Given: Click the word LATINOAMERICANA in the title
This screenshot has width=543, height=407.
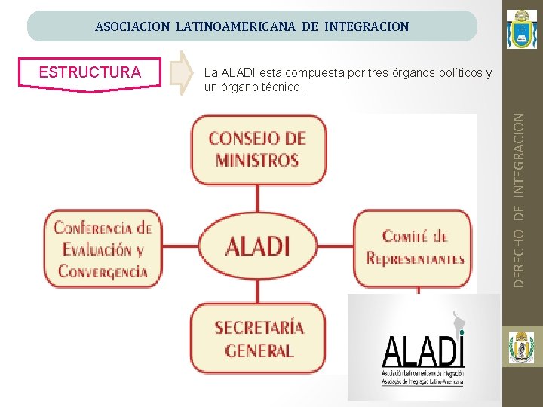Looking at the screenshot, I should tap(237, 27).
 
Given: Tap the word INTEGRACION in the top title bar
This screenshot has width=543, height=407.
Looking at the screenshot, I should tap(367, 27).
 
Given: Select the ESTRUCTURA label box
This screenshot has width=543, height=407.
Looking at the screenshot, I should tap(90, 73).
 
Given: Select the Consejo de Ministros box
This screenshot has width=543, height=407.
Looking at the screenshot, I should tap(257, 150).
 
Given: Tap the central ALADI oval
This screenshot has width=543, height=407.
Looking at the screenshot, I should tap(257, 246).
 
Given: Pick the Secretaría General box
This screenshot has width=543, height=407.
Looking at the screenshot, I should tap(257, 339).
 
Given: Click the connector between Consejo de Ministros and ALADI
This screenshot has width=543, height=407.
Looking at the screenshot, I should tap(257, 199).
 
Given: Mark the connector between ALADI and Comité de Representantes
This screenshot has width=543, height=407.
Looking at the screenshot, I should tap(335, 246).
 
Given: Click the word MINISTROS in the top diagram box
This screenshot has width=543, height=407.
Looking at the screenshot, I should tap(257, 161).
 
